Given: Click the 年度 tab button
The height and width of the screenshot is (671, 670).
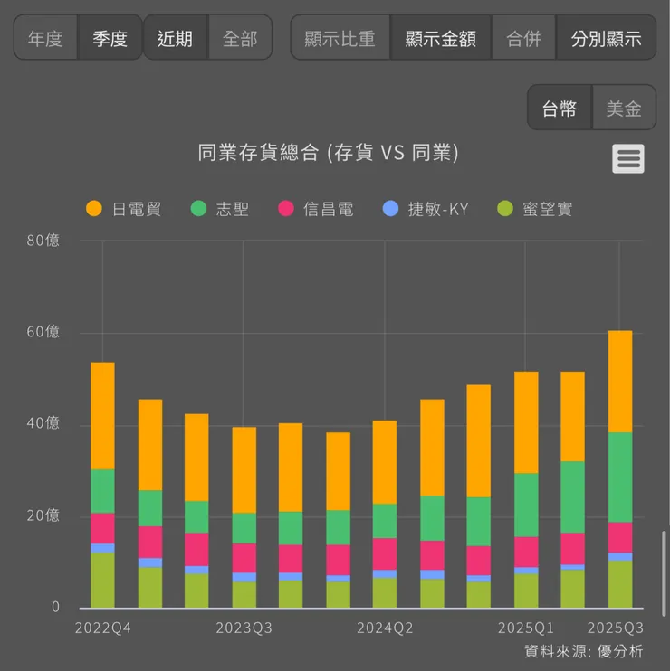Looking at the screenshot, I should point(45,38).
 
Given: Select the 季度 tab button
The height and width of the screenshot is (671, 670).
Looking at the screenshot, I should point(110,38).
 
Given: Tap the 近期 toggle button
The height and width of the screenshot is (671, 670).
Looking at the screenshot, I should point(175,38).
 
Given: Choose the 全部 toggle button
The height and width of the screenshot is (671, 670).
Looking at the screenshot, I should point(240,38).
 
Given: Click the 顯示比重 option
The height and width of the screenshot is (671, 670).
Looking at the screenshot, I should point(340,38).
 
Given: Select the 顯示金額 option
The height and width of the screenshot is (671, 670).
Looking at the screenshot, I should point(440,38).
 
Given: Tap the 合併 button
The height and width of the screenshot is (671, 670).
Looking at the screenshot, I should point(523,38).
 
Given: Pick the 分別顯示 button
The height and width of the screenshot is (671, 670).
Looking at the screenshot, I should point(606,38).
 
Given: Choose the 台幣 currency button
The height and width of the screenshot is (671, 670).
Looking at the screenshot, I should point(560,109).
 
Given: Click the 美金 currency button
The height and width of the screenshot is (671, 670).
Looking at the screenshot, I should point(624,109).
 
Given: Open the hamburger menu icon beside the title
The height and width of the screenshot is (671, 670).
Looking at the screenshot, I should point(628,158).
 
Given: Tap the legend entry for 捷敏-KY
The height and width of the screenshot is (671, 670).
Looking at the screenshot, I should point(426,209).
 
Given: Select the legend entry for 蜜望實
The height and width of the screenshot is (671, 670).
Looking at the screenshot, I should point(536,209).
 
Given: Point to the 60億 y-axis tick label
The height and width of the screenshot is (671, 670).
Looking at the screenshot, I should point(43,332).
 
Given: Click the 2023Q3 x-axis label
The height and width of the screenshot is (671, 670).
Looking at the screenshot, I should point(243,628).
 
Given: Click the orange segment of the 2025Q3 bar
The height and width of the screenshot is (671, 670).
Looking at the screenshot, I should point(620,381).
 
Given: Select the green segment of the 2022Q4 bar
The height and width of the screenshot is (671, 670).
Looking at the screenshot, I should point(102,491).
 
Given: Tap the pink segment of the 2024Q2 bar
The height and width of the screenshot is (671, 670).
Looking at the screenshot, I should point(385,553).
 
